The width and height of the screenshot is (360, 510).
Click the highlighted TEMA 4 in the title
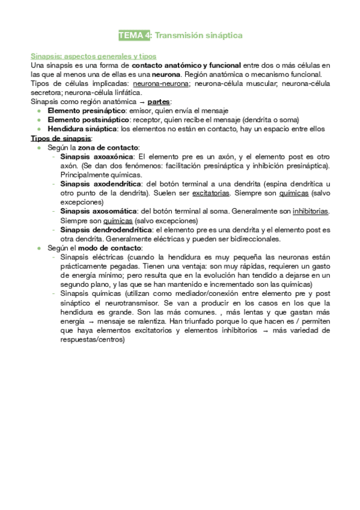(x=135, y=35)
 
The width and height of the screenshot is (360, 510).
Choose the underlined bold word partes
(x=159, y=102)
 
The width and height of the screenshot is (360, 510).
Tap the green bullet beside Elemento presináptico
(x=39, y=111)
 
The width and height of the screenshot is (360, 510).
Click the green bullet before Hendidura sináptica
(x=39, y=129)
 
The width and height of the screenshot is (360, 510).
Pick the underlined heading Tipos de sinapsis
(x=61, y=138)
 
